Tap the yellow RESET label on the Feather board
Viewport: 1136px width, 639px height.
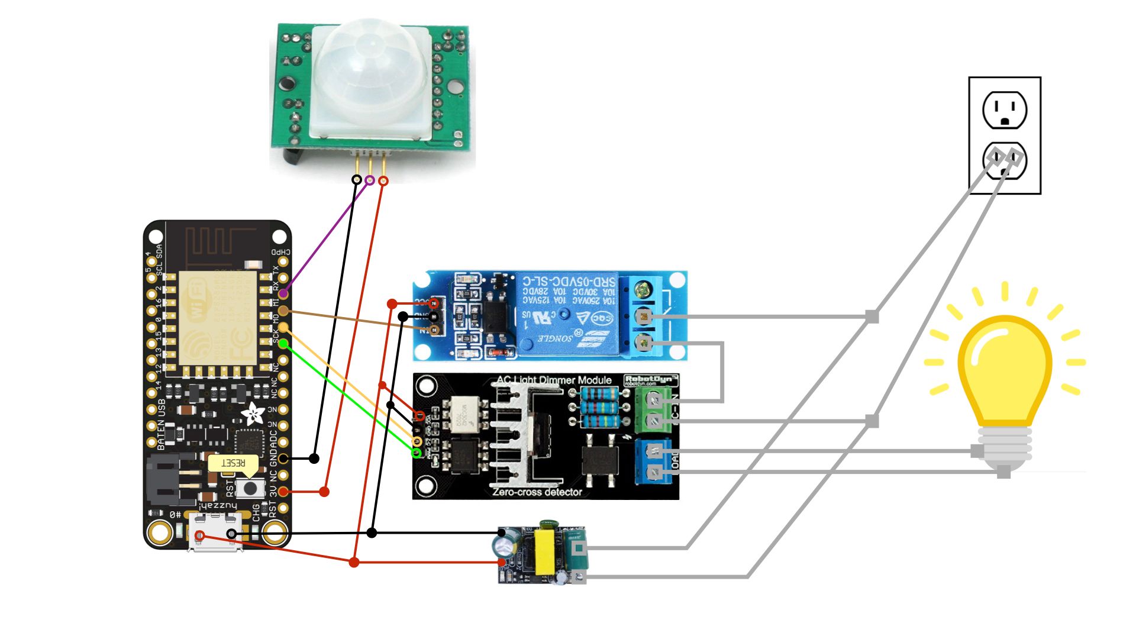tap(233, 463)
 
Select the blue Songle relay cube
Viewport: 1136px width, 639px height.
tap(566, 313)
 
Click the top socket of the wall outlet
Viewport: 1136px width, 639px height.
tap(1004, 110)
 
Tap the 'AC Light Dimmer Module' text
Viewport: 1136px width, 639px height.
tap(553, 380)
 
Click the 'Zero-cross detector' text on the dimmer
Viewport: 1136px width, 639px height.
tap(537, 492)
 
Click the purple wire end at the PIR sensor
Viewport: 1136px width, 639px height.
tap(370, 180)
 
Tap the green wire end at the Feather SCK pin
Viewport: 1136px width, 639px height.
tap(283, 343)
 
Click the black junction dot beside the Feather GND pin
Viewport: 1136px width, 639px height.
tap(314, 459)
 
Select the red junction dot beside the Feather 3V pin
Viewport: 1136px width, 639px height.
tap(324, 492)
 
